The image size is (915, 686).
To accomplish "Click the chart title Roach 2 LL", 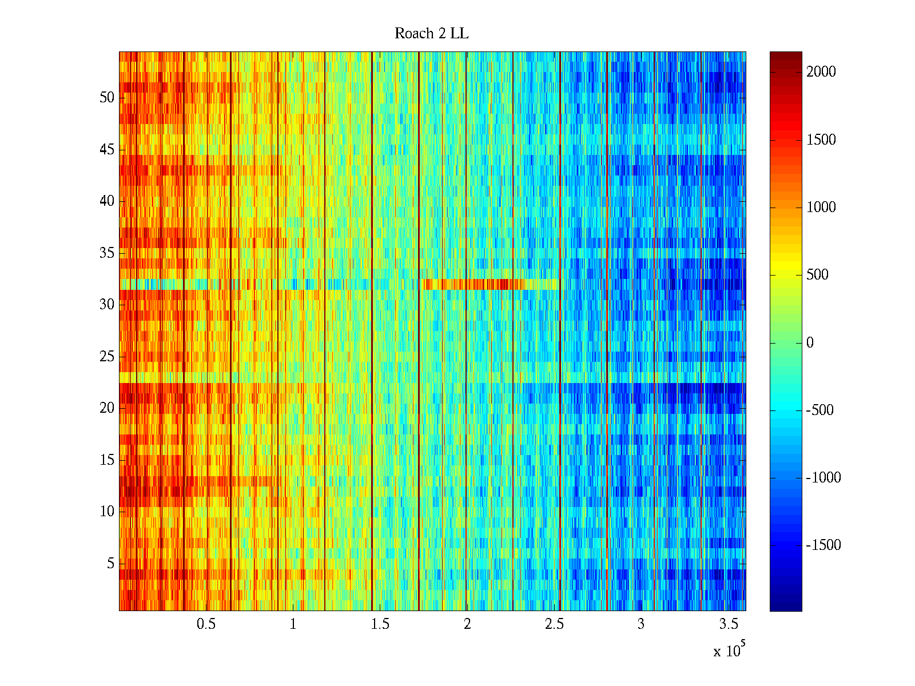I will click(x=431, y=34).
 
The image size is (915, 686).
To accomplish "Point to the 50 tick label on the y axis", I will click(x=107, y=98).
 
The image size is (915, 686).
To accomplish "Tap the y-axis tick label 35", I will click(x=107, y=253).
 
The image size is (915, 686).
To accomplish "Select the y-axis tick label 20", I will click(x=107, y=408).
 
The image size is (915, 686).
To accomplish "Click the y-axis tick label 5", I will click(x=110, y=564).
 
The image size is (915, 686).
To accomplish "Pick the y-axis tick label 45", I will click(x=107, y=150).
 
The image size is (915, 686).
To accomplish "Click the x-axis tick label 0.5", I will click(x=206, y=624).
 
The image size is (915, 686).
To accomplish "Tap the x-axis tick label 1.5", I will click(x=380, y=624).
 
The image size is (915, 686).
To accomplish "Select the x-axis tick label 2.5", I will click(x=554, y=624).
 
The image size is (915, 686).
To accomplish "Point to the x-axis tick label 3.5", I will click(x=728, y=624).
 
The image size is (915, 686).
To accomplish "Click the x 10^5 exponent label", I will click(x=729, y=650).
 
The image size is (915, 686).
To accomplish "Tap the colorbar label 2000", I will click(x=821, y=72).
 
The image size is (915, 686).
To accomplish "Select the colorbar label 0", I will click(x=810, y=343).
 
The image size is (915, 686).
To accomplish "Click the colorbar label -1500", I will click(x=823, y=545).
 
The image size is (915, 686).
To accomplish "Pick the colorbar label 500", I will click(x=817, y=275).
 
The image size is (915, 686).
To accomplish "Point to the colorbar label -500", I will click(x=820, y=410).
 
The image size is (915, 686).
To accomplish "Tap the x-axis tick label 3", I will click(x=641, y=624).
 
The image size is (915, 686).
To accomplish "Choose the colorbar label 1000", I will click(x=821, y=208).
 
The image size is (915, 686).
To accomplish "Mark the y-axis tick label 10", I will click(x=107, y=512).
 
